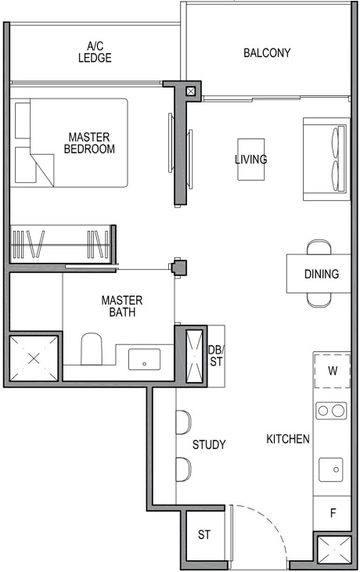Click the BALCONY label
coord(267,53)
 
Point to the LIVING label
coord(250,160)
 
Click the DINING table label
coord(322,274)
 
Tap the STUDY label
coord(209,444)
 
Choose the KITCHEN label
coord(287,439)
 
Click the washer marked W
coord(332,370)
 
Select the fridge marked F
coord(332,514)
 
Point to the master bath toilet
coord(92,349)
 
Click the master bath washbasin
coord(145,360)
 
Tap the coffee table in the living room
coord(250,160)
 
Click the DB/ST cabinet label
coord(216,355)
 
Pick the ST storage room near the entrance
coord(204,535)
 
